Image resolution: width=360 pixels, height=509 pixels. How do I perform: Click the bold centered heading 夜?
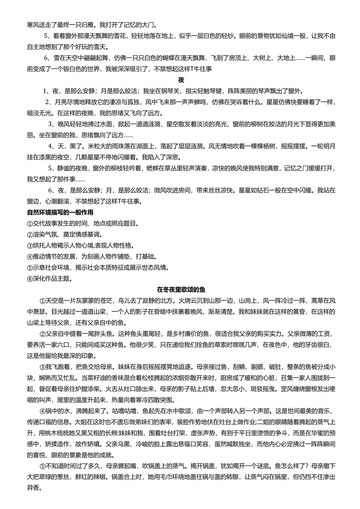[180, 80]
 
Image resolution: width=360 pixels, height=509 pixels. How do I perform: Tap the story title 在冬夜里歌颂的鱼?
[181, 290]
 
